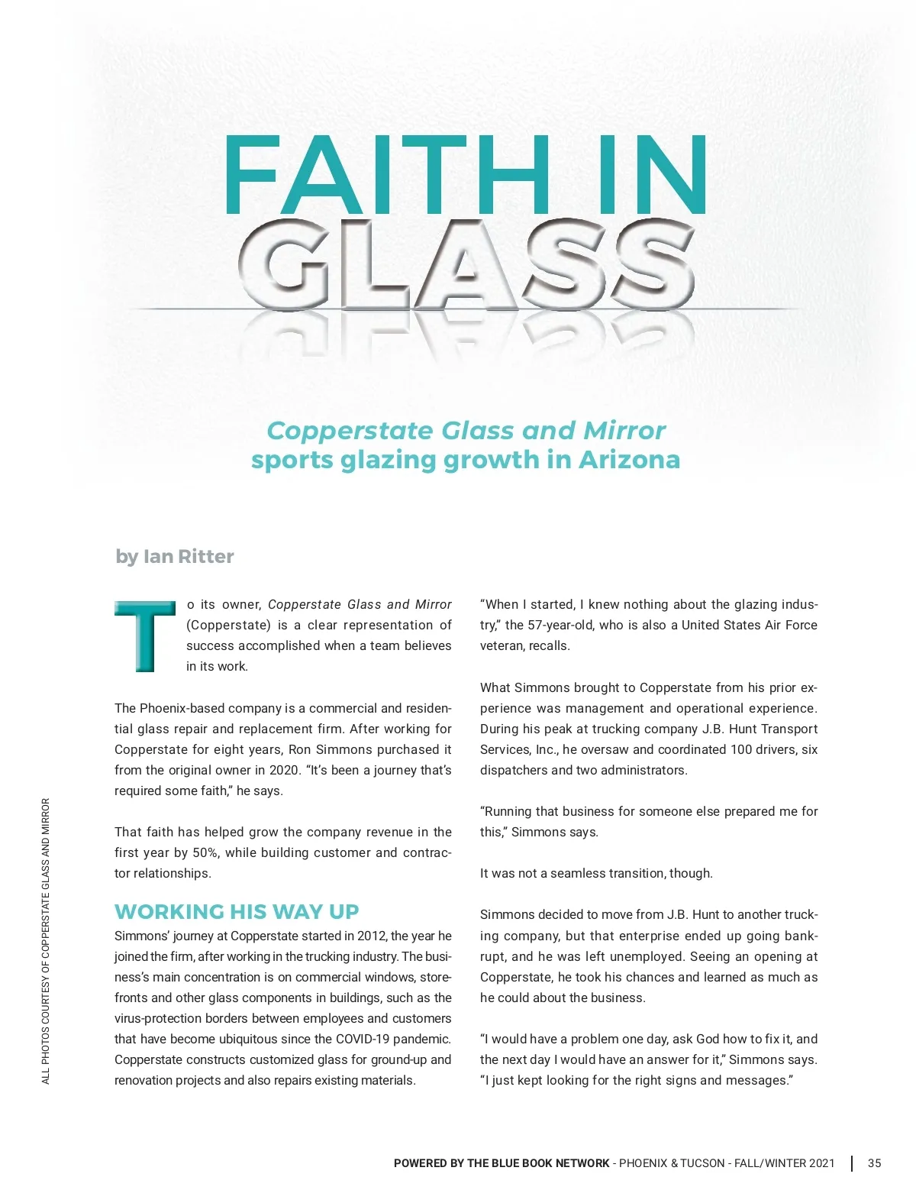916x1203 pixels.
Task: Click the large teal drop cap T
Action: click(x=144, y=636)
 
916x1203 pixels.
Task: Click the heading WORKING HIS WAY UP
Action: click(x=237, y=911)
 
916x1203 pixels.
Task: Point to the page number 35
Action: click(x=874, y=1163)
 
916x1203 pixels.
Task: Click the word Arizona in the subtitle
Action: click(x=629, y=460)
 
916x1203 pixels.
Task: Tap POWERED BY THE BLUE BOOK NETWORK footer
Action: click(x=502, y=1163)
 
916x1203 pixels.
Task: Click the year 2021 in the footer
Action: click(x=821, y=1163)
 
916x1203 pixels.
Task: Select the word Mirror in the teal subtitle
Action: click(x=624, y=431)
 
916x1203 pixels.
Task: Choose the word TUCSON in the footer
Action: click(x=703, y=1163)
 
